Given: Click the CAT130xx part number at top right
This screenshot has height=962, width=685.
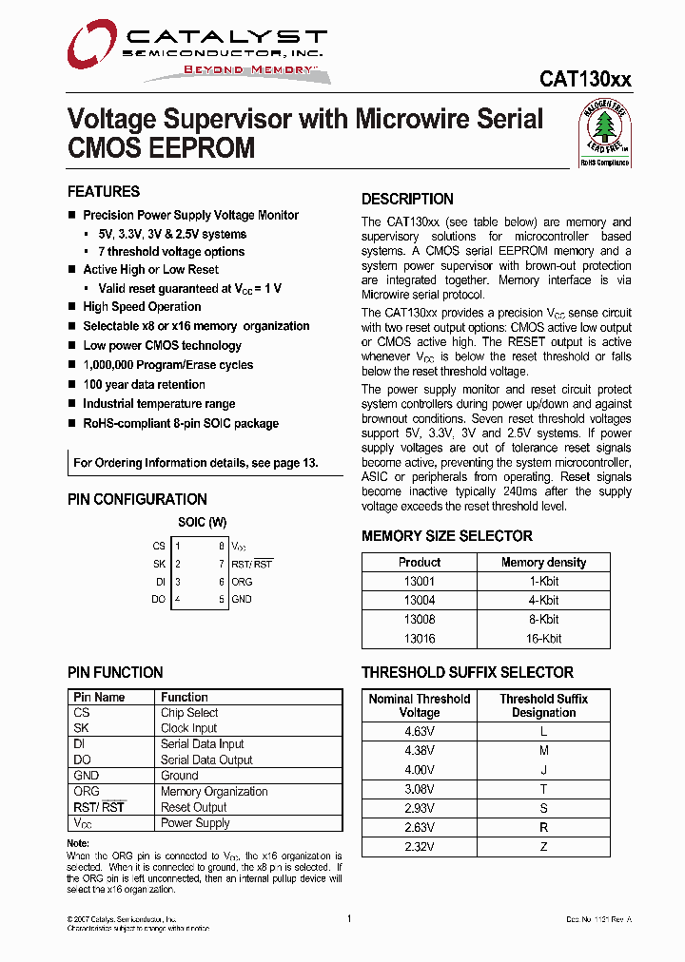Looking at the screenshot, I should click(x=585, y=81).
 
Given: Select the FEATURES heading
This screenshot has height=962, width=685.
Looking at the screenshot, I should click(x=104, y=191).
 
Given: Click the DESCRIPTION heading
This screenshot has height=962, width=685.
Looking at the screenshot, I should click(x=407, y=199).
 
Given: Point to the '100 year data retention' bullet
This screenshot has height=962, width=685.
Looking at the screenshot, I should click(x=144, y=384).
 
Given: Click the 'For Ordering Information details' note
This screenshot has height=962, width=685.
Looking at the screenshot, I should click(x=196, y=463).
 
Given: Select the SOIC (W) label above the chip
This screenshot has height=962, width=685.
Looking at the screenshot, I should click(x=202, y=522).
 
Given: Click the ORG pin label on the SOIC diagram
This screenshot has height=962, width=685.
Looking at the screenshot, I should click(x=243, y=581).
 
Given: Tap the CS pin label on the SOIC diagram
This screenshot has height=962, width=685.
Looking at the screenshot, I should click(x=159, y=546).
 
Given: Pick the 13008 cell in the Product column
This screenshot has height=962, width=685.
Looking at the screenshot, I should click(x=420, y=619).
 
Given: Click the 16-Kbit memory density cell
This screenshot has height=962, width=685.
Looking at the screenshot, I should click(x=543, y=639).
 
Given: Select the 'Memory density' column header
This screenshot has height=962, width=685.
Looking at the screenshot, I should click(x=543, y=562).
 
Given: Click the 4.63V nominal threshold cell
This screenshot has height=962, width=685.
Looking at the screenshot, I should click(x=420, y=731).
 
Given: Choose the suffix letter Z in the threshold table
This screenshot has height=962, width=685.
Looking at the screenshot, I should click(x=543, y=846).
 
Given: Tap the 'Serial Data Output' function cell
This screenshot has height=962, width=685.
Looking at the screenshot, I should click(x=206, y=760).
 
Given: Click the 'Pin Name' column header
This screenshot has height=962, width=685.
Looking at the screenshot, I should click(x=99, y=697).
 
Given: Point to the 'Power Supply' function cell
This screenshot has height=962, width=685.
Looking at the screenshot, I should click(x=195, y=822).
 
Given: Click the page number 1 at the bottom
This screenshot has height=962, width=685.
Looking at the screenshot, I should click(x=349, y=918).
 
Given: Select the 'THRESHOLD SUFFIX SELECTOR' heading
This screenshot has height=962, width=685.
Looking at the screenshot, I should click(x=467, y=672).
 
